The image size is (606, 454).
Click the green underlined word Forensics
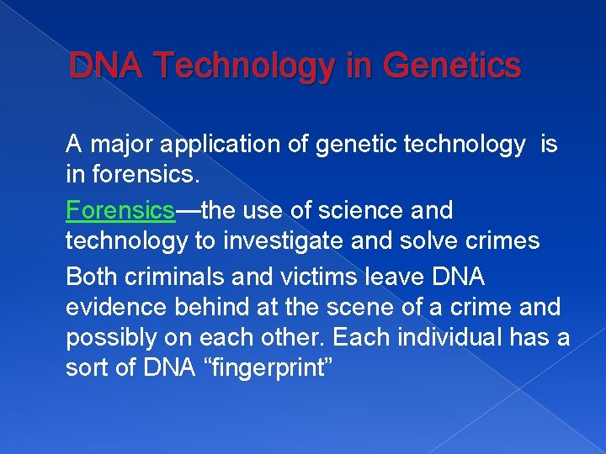point(120,210)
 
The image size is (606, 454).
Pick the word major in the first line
point(117,145)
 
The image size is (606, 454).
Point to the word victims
point(306,276)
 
